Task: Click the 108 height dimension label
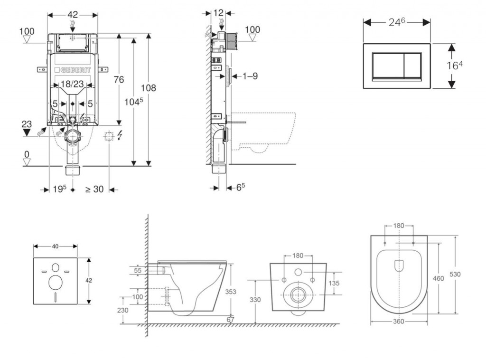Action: pyautogui.click(x=148, y=88)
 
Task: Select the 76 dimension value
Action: pyautogui.click(x=118, y=79)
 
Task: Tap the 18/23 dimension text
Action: pyautogui.click(x=72, y=84)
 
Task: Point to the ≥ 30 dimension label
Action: pyautogui.click(x=94, y=189)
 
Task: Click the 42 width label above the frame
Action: pyautogui.click(x=72, y=15)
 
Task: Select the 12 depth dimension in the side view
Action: pyautogui.click(x=218, y=13)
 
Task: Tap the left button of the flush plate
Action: pyautogui.click(x=388, y=66)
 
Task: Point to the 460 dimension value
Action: pyautogui.click(x=439, y=278)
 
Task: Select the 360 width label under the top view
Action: pyautogui.click(x=398, y=322)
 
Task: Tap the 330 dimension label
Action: pyautogui.click(x=255, y=300)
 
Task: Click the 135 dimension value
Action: pyautogui.click(x=335, y=283)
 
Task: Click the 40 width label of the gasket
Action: pyautogui.click(x=55, y=246)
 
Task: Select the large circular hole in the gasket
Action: pyautogui.click(x=55, y=283)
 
